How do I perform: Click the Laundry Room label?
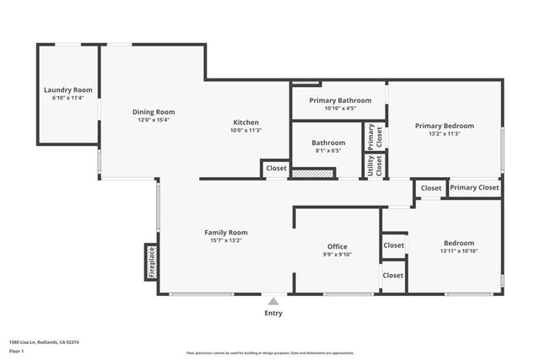pyautogui.click(x=68, y=89)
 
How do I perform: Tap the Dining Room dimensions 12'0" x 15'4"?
pyautogui.click(x=154, y=121)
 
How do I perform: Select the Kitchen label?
pyautogui.click(x=246, y=122)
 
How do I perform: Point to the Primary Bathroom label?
pyautogui.click(x=339, y=99)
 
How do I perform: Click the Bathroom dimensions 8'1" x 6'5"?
pyautogui.click(x=328, y=152)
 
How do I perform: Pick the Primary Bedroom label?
pyautogui.click(x=445, y=126)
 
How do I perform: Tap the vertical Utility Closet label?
pyautogui.click(x=369, y=166)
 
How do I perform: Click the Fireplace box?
pyautogui.click(x=152, y=261)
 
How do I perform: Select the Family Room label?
pyautogui.click(x=226, y=232)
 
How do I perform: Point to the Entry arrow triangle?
pyautogui.click(x=273, y=299)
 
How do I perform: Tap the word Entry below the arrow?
pyautogui.click(x=273, y=313)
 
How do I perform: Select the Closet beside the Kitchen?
pyautogui.click(x=276, y=169)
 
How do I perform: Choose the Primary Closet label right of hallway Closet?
pyautogui.click(x=474, y=188)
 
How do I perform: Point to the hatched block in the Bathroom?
pyautogui.click(x=314, y=174)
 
